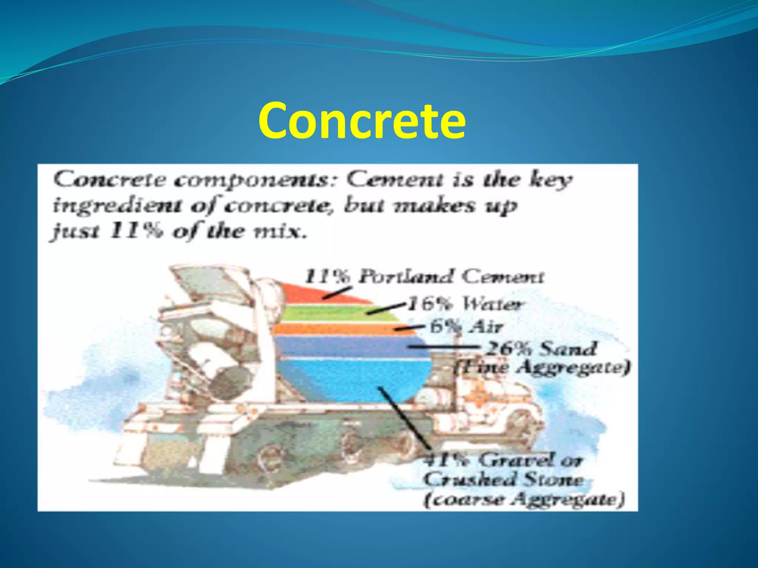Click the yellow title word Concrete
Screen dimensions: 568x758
362,121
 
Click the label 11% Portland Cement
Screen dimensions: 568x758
424,277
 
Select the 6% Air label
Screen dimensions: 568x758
466,327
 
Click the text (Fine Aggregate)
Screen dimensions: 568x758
543,368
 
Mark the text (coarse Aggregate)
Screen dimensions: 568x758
524,500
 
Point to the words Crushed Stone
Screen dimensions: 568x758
503,480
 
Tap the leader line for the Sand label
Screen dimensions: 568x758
444,347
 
